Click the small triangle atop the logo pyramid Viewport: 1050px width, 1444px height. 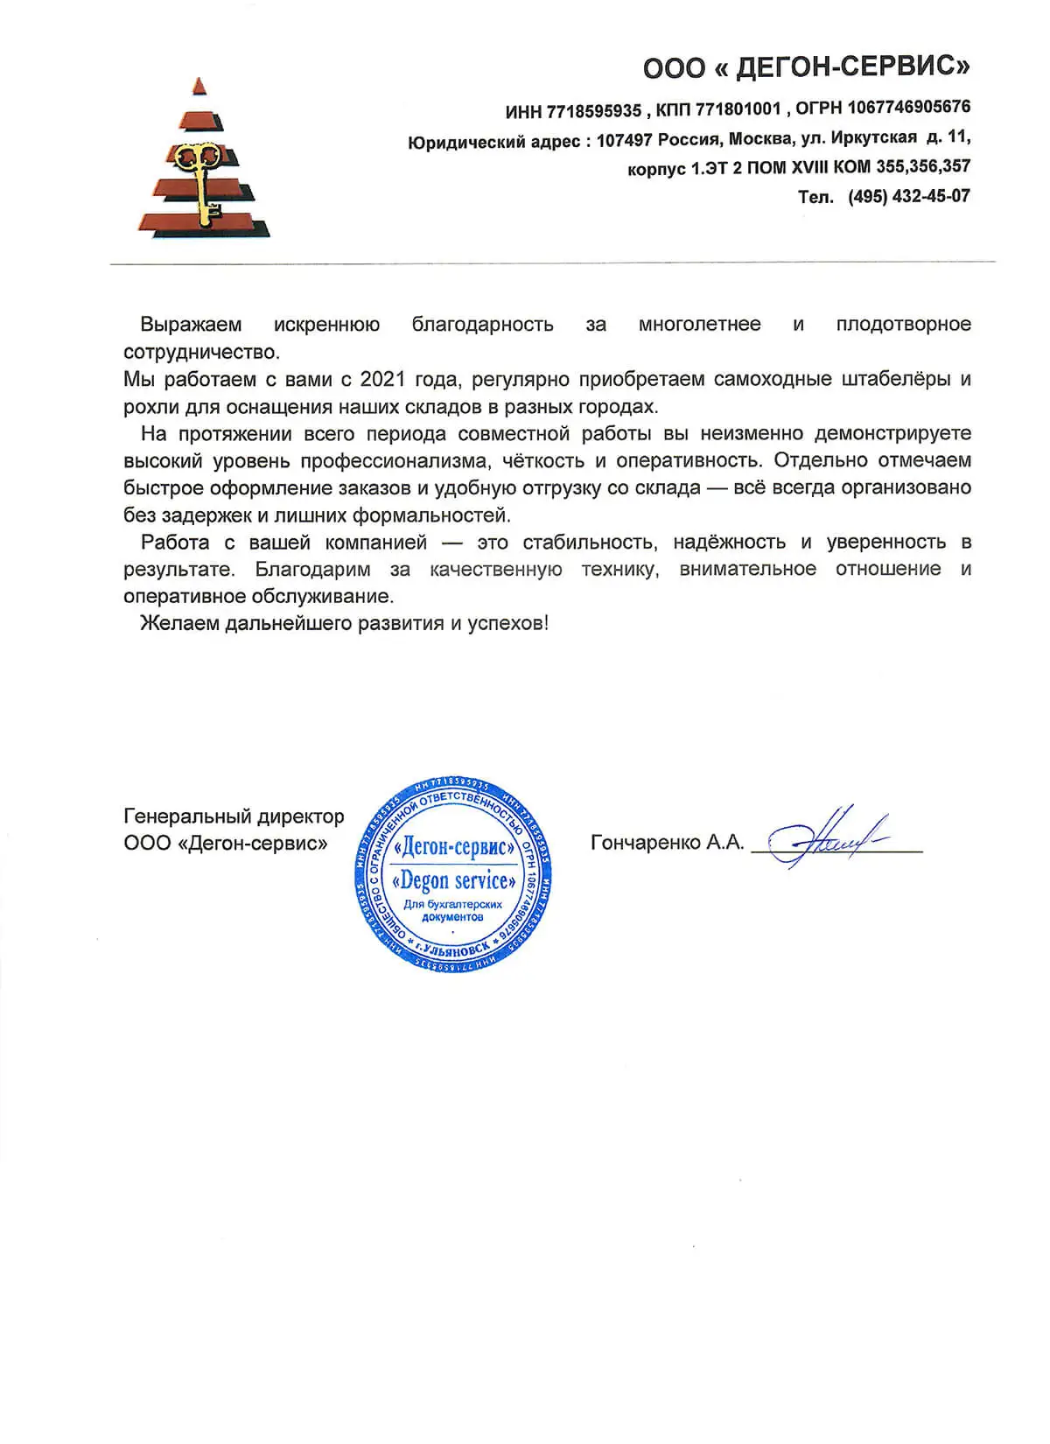tap(200, 86)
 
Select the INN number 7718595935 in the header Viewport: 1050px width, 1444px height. tap(594, 111)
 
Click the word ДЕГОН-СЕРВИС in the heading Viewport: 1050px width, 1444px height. tap(852, 67)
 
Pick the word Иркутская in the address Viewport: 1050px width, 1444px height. tap(873, 137)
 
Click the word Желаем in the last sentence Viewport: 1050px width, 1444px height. tap(179, 623)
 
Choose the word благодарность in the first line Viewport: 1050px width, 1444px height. tap(482, 325)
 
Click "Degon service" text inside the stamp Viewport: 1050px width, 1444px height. tap(453, 880)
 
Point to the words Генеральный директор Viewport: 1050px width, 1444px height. tap(234, 817)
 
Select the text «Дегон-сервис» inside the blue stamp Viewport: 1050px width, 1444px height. tap(453, 847)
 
